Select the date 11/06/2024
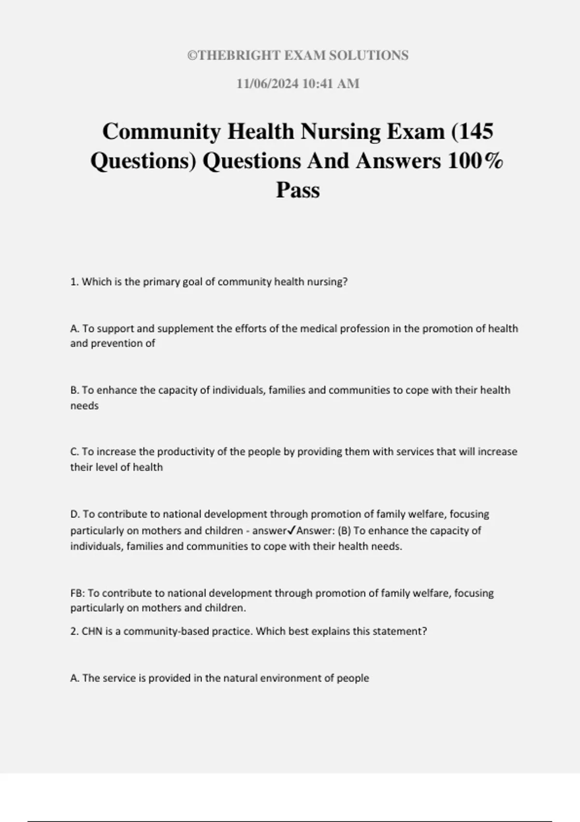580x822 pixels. pyautogui.click(x=267, y=84)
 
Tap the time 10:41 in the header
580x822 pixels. pyautogui.click(x=318, y=84)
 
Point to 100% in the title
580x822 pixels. pyautogui.click(x=476, y=161)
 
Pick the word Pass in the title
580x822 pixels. pyautogui.click(x=298, y=190)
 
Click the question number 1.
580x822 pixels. pyautogui.click(x=74, y=282)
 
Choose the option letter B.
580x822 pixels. pyautogui.click(x=74, y=390)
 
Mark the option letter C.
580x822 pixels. pyautogui.click(x=74, y=452)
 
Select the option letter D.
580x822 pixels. pyautogui.click(x=75, y=514)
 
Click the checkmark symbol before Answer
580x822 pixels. pyautogui.click(x=291, y=530)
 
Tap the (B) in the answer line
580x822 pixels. pyautogui.click(x=344, y=530)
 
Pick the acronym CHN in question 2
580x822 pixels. pyautogui.click(x=92, y=631)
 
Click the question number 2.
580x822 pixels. pyautogui.click(x=74, y=631)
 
